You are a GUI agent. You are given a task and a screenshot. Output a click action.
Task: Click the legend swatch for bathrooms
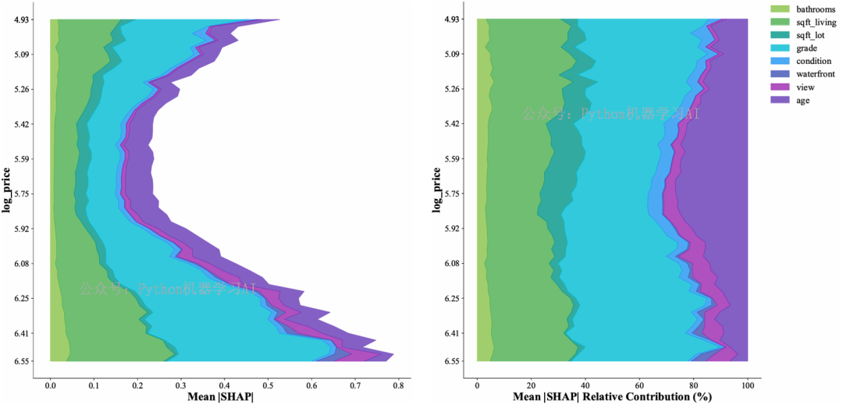point(780,9)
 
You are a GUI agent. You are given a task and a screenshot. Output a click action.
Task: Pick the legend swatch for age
point(780,101)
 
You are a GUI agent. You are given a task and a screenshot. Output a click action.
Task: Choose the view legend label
point(806,87)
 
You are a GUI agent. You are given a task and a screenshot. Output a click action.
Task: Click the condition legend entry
point(814,61)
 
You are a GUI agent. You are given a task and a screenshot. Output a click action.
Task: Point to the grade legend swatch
point(780,48)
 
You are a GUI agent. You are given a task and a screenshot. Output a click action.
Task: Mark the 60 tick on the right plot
point(639,385)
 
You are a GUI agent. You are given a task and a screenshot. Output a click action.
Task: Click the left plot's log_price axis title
point(6,190)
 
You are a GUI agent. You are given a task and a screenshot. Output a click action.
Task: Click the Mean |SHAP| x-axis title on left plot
point(221,397)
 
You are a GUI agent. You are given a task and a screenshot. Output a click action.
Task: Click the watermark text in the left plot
point(167,290)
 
